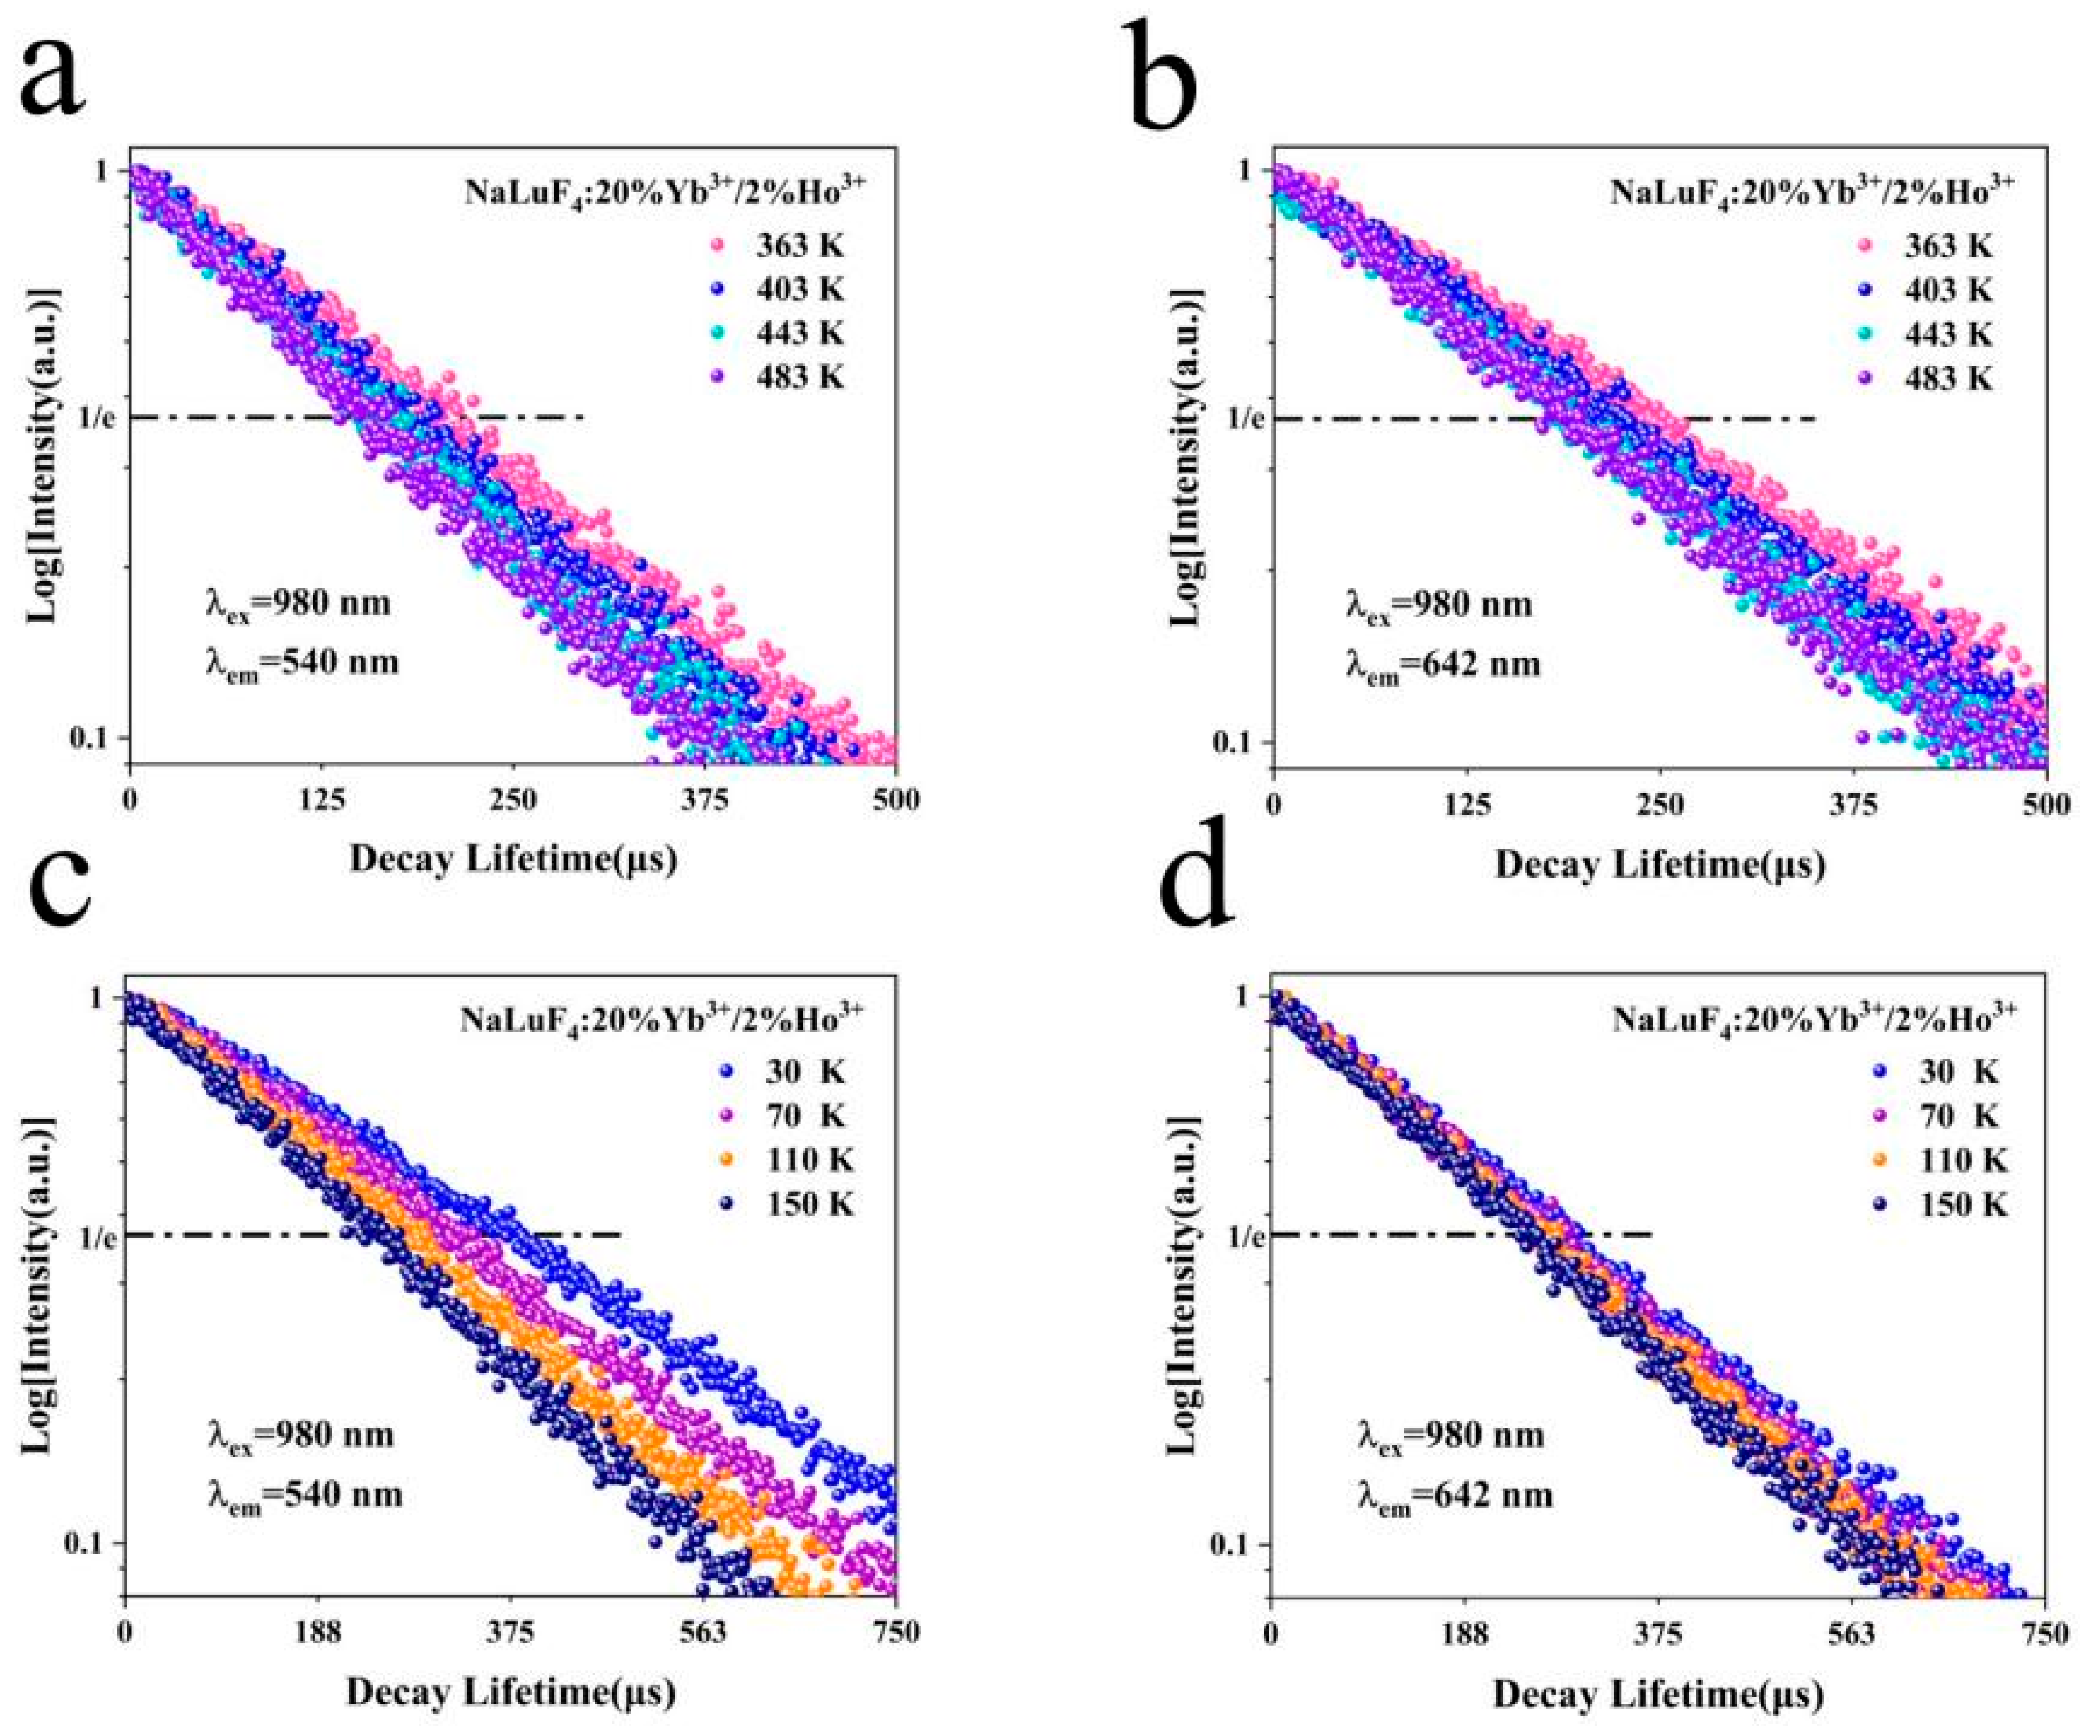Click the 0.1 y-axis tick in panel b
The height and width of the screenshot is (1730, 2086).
click(x=1233, y=743)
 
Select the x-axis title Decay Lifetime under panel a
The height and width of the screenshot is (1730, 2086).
click(x=512, y=859)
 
